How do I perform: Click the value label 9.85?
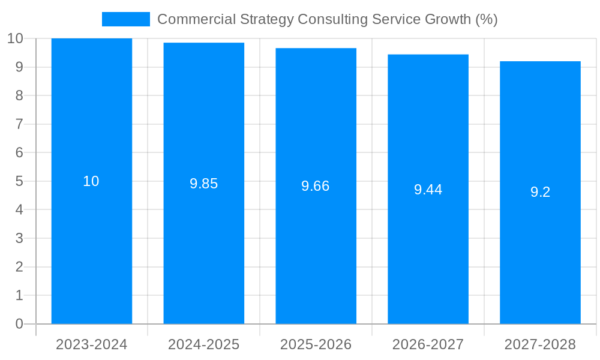[x=204, y=184]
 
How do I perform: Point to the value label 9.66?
[x=316, y=186]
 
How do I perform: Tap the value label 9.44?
[x=428, y=190]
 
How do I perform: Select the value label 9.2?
[x=540, y=192]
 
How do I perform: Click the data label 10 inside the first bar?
[x=91, y=181]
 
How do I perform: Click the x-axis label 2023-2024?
[x=92, y=344]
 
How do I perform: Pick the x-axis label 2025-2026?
[x=316, y=344]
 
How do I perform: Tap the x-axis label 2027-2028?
[x=540, y=344]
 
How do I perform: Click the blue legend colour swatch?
[x=126, y=19]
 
